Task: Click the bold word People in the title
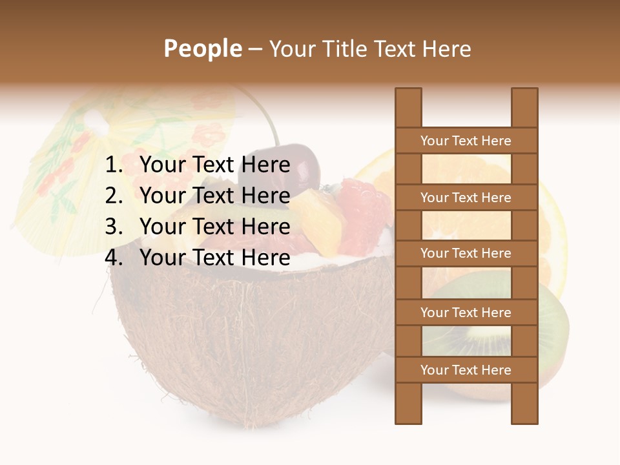[202, 48]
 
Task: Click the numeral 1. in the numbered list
[114, 165]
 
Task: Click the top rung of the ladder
[466, 141]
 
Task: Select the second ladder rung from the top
[466, 198]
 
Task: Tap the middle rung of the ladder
[466, 253]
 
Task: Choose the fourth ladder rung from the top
[466, 313]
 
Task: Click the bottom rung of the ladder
[466, 370]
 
